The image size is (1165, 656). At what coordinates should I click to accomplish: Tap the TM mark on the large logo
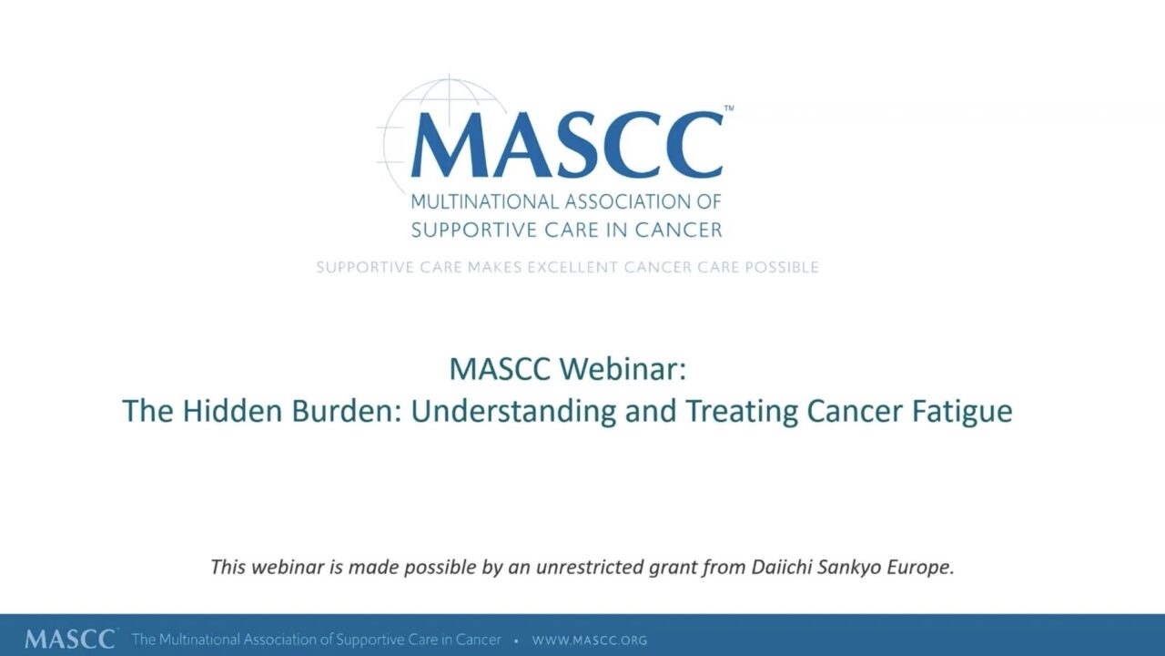[x=728, y=108]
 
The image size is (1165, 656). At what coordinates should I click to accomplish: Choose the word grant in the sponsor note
[x=669, y=568]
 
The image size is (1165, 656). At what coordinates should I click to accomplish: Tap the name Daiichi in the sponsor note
[x=780, y=567]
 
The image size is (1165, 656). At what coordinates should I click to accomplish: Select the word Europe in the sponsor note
[x=921, y=568]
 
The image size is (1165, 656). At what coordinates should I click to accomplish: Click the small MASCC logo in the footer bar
[x=70, y=639]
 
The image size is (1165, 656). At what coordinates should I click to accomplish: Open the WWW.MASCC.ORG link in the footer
[x=590, y=641]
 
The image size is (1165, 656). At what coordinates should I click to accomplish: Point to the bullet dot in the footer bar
[x=516, y=641]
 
